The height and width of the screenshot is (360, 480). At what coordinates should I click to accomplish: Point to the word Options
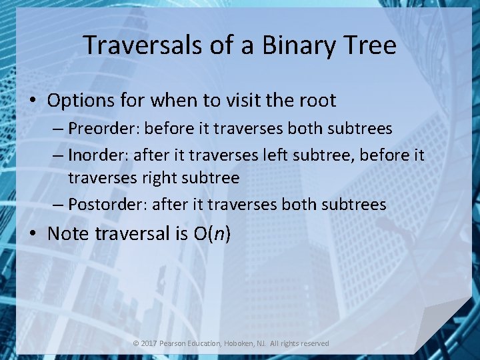[81, 101]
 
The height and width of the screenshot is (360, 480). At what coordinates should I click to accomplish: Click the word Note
[69, 233]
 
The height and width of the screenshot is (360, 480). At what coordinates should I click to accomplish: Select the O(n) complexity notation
[211, 233]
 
